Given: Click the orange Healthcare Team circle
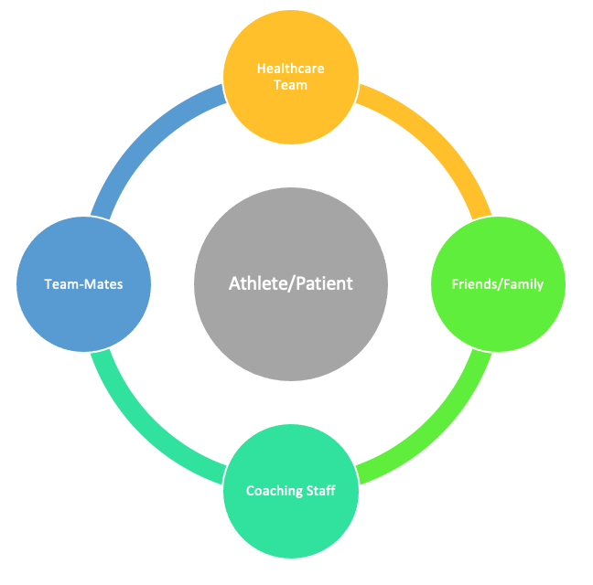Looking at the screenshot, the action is (291, 77).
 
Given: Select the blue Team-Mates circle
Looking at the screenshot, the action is (83, 284).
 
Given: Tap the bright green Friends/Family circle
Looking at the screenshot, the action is (498, 284).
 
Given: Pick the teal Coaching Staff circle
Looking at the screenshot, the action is (291, 491).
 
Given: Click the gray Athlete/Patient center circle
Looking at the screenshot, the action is (291, 284).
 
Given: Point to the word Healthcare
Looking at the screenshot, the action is (291, 69).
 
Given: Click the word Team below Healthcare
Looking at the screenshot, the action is (290, 85).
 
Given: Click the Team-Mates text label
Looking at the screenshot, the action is (83, 284).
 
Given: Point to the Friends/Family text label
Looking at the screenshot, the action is (498, 284).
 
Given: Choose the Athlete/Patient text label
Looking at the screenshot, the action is (291, 283).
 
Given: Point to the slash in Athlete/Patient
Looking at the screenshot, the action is (291, 284).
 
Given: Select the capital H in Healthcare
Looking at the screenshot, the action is (262, 69).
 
